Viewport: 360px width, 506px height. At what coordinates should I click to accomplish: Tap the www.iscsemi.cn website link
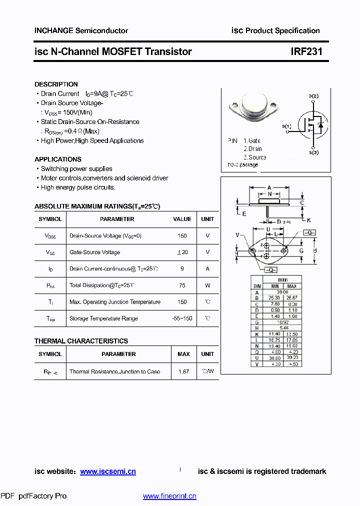tap(108, 471)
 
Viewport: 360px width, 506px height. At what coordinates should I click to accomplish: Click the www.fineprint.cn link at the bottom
tap(169, 496)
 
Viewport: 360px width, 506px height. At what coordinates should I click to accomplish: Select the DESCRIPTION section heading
tap(56, 84)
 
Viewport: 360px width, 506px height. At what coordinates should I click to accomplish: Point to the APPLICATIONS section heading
tap(58, 159)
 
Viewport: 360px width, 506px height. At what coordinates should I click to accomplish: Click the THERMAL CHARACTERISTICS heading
tap(81, 341)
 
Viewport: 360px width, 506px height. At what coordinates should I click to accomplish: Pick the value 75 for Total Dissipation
tap(182, 285)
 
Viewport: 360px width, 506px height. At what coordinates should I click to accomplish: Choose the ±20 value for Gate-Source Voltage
tap(182, 252)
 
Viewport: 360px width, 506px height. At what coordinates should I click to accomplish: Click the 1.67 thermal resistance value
tap(183, 372)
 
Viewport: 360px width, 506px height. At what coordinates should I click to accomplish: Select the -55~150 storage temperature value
tap(182, 318)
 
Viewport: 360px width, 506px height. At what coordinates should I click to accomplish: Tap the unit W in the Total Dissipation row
tap(207, 285)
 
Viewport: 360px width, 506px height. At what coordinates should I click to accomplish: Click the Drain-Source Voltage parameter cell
tap(105, 236)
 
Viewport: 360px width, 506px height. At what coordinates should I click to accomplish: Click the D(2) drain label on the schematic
tap(313, 95)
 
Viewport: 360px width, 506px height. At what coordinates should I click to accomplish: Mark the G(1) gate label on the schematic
tap(286, 126)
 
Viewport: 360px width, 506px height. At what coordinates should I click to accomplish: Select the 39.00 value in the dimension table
tap(282, 292)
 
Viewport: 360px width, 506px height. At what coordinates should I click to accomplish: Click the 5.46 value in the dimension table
tap(282, 328)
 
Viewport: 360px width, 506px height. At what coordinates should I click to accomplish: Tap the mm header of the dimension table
tap(282, 280)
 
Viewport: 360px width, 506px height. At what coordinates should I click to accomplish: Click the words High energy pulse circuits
tap(78, 187)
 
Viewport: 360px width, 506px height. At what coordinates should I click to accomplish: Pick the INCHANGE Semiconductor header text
tap(81, 30)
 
